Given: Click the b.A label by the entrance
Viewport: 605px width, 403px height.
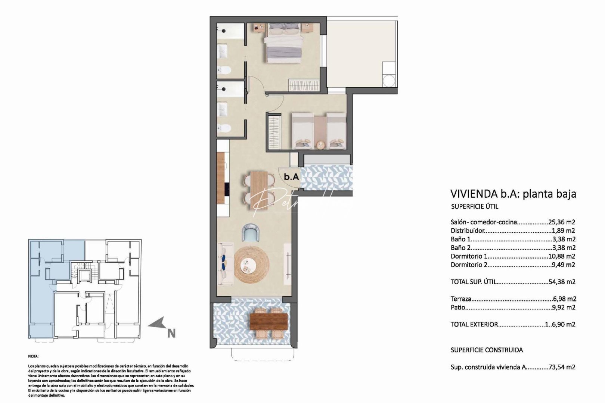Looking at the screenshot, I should point(291,177).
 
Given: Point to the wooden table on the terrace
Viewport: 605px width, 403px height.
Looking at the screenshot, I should point(269,321).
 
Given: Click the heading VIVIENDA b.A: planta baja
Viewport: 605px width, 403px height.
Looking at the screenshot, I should point(514,194).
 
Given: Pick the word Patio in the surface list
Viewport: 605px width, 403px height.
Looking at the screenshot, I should point(458,307).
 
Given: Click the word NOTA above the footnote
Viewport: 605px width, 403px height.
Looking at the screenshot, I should point(33,357).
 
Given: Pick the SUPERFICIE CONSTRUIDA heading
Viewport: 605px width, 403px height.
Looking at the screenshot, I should point(487,350).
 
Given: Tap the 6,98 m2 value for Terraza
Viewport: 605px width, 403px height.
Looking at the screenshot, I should point(564,299).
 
